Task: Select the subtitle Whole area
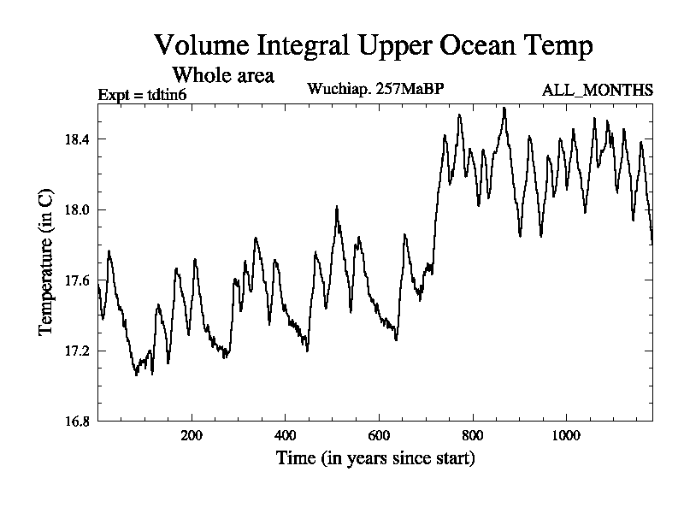click(x=223, y=74)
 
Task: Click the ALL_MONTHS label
click(x=598, y=90)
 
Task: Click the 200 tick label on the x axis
click(x=192, y=434)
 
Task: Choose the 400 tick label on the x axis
click(x=286, y=434)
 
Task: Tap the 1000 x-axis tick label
click(x=566, y=434)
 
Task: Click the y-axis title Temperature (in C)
click(x=48, y=262)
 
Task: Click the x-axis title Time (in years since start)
click(x=375, y=459)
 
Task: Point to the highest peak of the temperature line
click(x=504, y=108)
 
